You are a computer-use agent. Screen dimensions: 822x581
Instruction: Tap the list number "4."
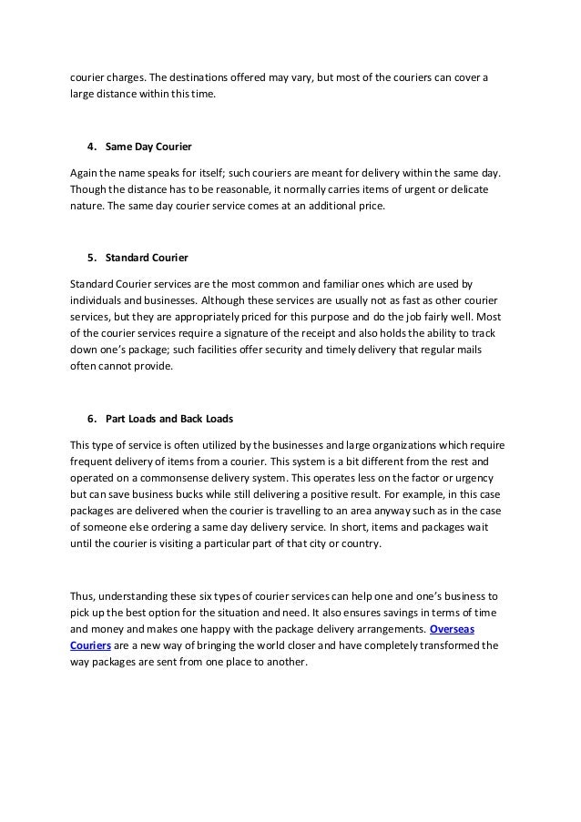(92, 146)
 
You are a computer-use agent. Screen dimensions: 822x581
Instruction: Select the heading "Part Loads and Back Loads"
(169, 419)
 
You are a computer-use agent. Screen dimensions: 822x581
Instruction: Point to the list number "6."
(92, 419)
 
